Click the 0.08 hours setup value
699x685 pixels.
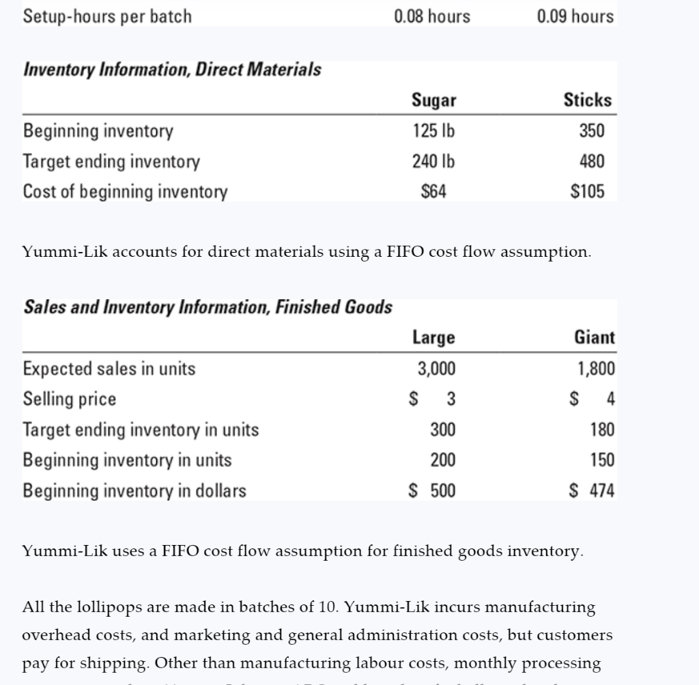(x=432, y=16)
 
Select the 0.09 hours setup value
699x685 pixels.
(x=575, y=16)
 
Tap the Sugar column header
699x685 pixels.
(x=434, y=100)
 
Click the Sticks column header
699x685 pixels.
(x=587, y=100)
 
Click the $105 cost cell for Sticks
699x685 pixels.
(x=587, y=192)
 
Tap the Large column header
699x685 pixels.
(x=433, y=337)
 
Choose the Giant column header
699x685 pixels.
(x=595, y=337)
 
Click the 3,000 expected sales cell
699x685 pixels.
(x=436, y=369)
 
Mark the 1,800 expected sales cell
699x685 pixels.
(x=596, y=369)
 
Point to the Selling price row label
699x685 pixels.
(x=70, y=399)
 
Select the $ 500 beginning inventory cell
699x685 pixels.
(x=431, y=490)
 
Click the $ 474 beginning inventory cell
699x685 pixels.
(x=593, y=490)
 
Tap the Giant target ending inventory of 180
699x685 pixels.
(x=602, y=430)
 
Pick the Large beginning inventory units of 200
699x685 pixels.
(x=442, y=460)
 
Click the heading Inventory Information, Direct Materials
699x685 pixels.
(x=173, y=70)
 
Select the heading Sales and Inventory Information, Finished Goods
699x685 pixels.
(x=208, y=307)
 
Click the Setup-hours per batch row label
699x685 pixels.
(x=108, y=16)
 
